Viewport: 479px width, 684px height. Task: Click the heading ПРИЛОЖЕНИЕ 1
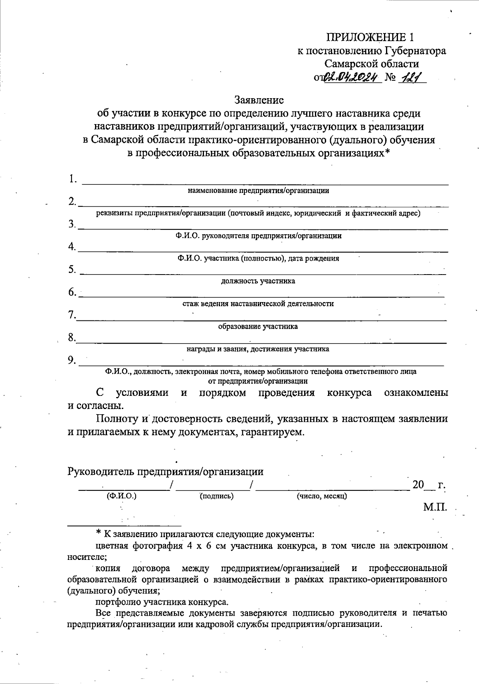370,37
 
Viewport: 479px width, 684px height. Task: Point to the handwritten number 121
411,76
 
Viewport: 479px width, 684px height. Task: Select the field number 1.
72,179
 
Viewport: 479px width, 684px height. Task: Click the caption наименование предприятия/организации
258,190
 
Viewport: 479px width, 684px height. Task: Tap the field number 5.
72,270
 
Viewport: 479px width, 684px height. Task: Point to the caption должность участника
258,281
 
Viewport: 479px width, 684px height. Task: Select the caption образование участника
258,326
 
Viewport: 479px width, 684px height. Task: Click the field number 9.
72,360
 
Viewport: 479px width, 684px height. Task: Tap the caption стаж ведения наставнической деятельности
258,304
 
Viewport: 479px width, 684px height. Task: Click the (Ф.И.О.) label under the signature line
121,496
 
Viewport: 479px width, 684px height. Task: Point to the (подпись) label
216,496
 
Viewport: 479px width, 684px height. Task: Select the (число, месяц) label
321,496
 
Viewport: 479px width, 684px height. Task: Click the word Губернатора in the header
415,51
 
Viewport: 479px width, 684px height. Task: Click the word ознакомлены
416,393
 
